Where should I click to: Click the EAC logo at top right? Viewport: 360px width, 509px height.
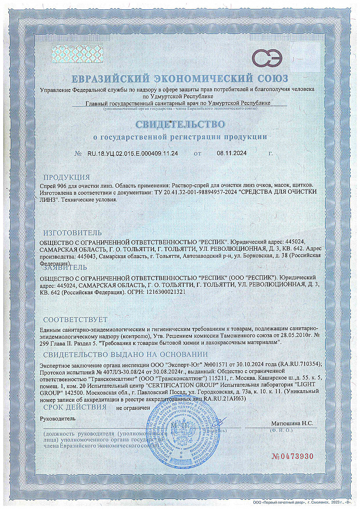click(x=267, y=59)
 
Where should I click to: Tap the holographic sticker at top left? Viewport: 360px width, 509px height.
click(x=77, y=54)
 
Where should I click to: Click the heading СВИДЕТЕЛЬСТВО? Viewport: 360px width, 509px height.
click(x=180, y=124)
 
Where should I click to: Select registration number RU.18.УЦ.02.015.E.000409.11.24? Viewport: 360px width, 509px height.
click(x=132, y=153)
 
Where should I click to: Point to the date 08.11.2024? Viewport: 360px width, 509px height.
click(x=232, y=153)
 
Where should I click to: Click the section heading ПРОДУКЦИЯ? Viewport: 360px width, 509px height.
click(x=66, y=177)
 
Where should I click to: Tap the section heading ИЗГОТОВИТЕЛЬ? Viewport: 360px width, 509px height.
click(x=72, y=233)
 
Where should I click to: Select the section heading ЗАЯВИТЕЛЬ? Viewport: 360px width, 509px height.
click(x=65, y=267)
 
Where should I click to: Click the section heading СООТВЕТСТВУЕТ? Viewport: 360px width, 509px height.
click(x=75, y=320)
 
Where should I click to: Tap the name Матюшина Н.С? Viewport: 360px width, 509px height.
click(x=292, y=423)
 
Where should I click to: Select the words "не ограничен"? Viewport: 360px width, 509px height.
click(x=133, y=408)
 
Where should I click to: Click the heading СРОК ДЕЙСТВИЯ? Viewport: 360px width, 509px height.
click(x=75, y=407)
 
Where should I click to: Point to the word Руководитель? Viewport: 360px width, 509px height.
click(x=58, y=418)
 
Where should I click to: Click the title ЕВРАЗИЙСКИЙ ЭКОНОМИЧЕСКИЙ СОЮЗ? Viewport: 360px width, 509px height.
click(x=180, y=79)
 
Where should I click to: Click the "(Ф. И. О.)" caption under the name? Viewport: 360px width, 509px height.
click(x=281, y=430)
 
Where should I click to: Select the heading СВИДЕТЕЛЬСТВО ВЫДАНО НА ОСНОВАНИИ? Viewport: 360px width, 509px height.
click(x=125, y=355)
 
